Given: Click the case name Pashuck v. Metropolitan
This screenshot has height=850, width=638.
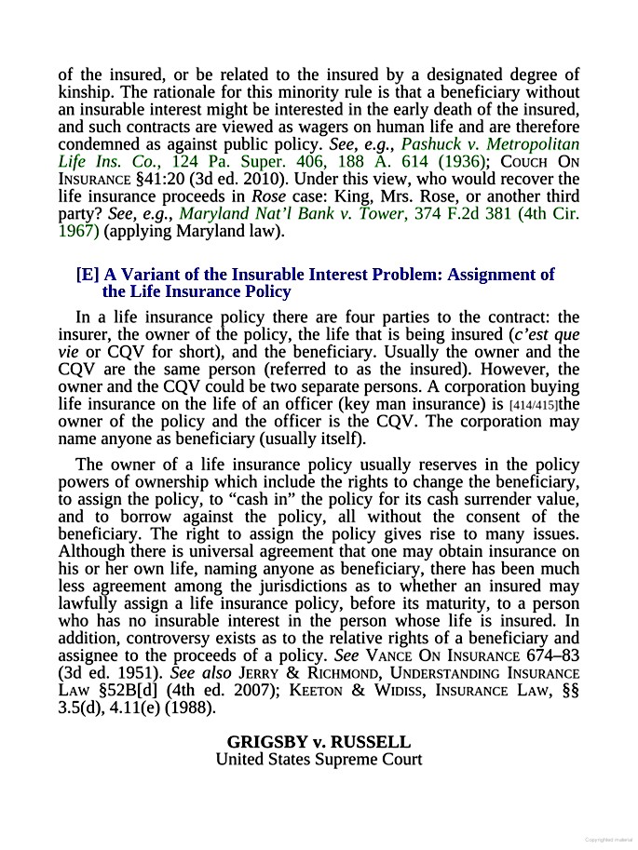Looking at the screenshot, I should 490,144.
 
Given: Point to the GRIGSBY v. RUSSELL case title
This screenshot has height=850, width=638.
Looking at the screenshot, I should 319,742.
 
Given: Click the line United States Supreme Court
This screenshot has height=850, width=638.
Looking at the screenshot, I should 319,759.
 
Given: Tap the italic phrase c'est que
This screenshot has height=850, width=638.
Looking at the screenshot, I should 549,335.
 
